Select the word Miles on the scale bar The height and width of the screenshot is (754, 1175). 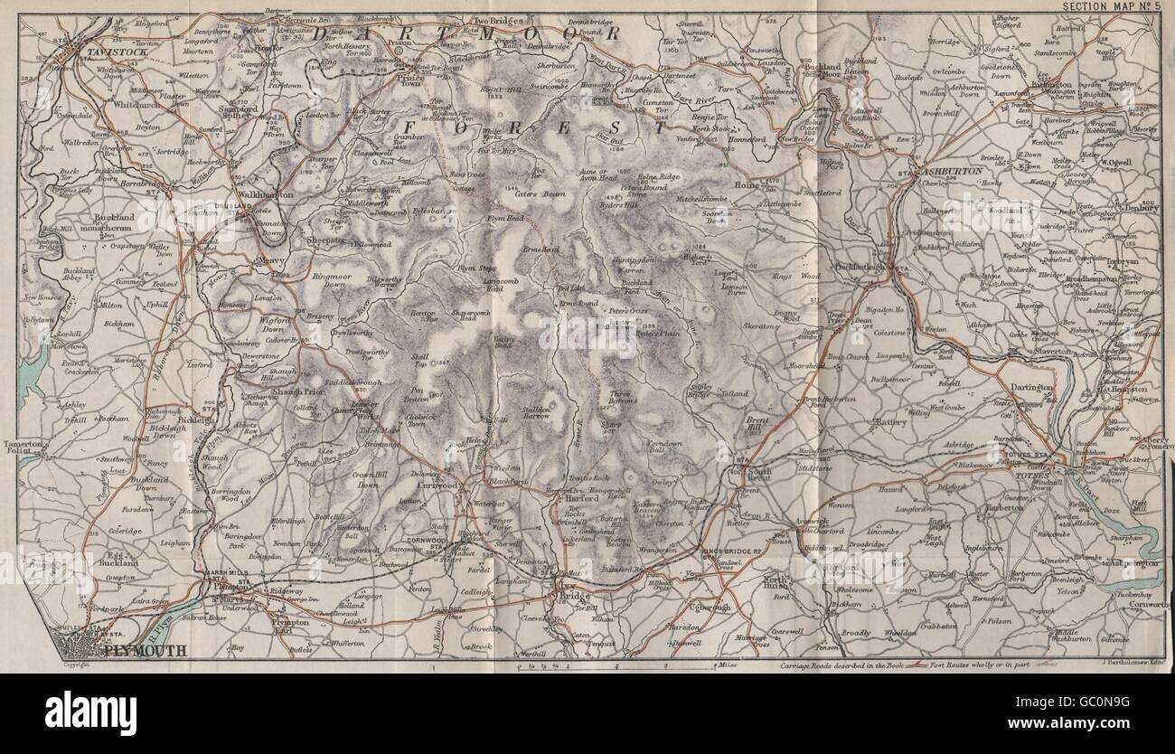click(x=720, y=665)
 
